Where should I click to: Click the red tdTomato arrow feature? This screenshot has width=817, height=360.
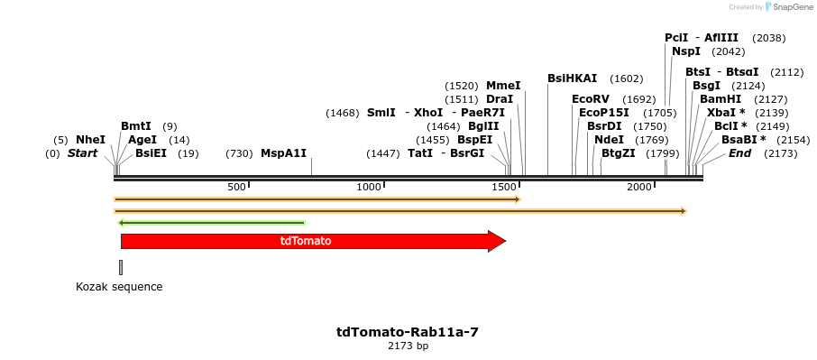(307, 241)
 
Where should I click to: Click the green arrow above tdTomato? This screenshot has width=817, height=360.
(212, 222)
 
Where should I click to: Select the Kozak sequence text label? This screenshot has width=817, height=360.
(119, 287)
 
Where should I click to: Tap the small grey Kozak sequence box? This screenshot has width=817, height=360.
(121, 267)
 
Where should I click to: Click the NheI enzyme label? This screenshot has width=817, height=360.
(90, 140)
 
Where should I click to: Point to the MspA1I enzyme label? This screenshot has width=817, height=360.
(283, 153)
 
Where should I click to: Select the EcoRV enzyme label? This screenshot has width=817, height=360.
(591, 99)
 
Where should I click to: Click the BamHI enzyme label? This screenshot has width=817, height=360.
(721, 99)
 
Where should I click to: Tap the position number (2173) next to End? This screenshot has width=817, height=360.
(780, 153)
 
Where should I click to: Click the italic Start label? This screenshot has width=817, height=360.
(82, 153)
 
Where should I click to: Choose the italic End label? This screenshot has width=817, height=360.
(739, 153)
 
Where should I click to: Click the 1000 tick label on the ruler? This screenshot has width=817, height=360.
(370, 187)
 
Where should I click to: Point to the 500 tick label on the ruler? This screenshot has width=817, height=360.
(236, 187)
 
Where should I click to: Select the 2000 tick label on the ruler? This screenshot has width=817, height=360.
(639, 187)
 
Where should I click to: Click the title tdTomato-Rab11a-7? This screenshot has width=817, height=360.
(408, 332)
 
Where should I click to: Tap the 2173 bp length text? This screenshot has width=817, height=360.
(408, 346)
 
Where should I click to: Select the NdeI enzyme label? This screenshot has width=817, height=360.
(609, 140)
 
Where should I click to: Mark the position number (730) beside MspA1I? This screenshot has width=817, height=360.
(239, 153)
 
